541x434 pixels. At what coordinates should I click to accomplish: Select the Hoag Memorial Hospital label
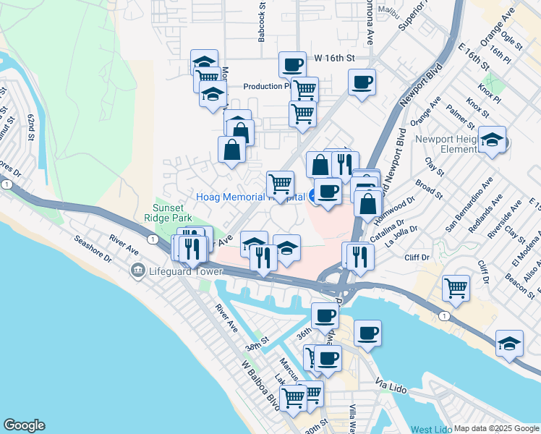coord(250,197)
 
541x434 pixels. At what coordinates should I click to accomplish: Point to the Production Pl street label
coord(266,86)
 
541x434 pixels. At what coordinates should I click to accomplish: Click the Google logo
coord(24,425)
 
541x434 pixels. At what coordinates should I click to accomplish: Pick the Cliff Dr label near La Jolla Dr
coord(417,258)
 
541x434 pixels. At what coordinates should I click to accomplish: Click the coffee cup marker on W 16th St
coord(292,66)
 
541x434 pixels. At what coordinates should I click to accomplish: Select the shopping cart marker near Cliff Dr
coord(456,288)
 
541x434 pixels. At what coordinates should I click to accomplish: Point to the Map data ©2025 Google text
coord(496,428)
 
